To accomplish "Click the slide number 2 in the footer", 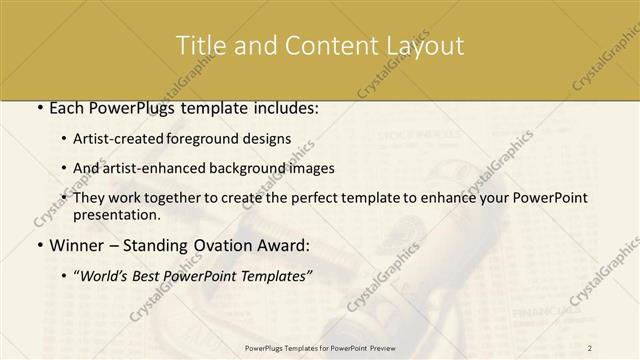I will pyautogui.click(x=590, y=348).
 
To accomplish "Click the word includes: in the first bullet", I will pyautogui.click(x=283, y=108).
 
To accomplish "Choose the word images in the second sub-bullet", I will pyautogui.click(x=311, y=168).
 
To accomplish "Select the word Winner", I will pyautogui.click(x=76, y=244).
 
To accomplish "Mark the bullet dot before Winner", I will pyautogui.click(x=38, y=245).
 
